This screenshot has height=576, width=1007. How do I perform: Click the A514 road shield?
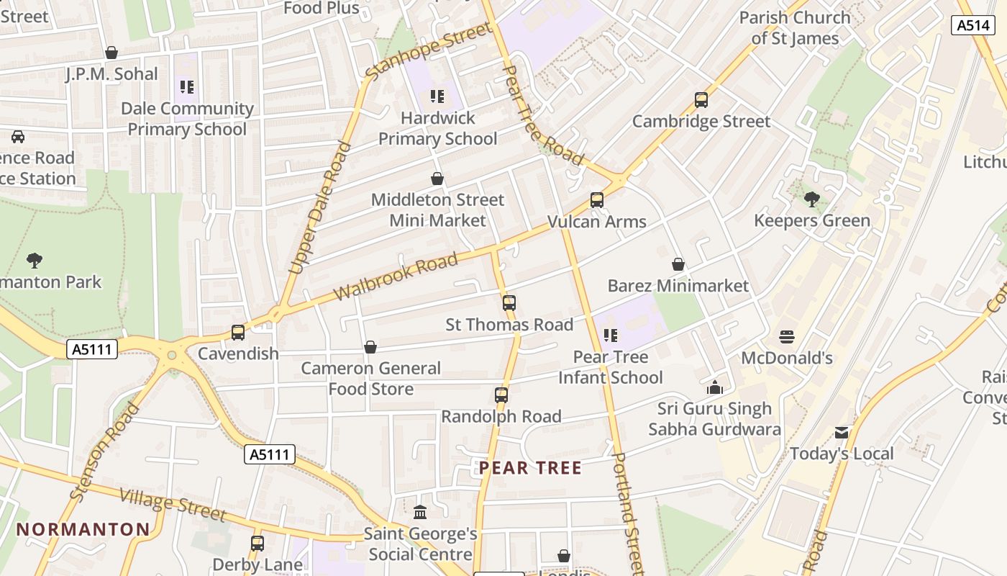point(973,25)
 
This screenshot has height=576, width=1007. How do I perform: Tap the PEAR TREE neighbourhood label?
point(530,468)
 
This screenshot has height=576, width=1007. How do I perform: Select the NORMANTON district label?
point(83,529)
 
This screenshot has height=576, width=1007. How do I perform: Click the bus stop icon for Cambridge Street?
point(701,100)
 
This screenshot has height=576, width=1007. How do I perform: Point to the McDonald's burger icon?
point(786,336)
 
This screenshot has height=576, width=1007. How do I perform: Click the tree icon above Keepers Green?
point(812,199)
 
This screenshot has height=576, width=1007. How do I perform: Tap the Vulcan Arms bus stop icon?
point(597,200)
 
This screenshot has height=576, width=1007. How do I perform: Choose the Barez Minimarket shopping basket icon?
point(678,265)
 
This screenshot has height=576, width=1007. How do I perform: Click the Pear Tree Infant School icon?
point(611,335)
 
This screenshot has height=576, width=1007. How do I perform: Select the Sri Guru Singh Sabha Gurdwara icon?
point(714,387)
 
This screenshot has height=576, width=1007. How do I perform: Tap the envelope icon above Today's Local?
point(842,433)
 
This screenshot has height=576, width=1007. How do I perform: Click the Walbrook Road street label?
point(396,276)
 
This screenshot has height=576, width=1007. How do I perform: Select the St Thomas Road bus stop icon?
point(509,303)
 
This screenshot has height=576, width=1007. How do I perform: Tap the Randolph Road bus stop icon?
point(501,395)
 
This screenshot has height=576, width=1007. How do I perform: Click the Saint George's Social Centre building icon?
point(420,512)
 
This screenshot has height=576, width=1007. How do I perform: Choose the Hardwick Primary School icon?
point(437,96)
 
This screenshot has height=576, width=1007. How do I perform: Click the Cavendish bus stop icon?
point(238,333)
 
